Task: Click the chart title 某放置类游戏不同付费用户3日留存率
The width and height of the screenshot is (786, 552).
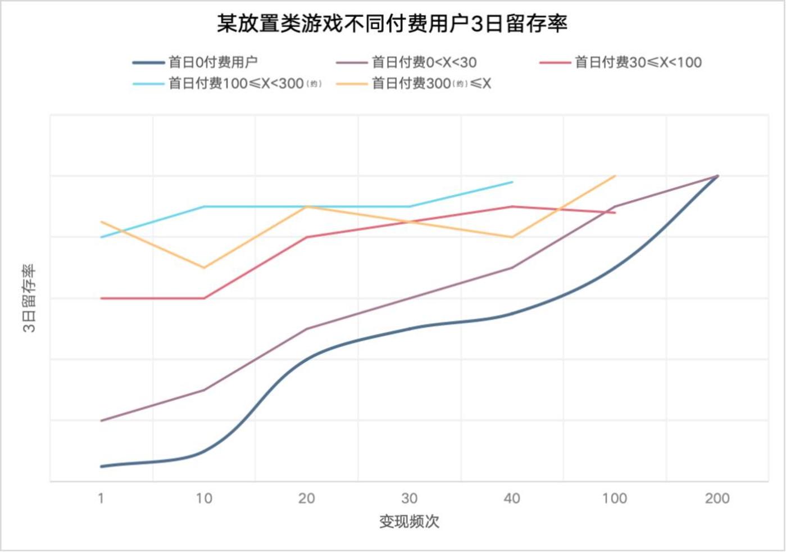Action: click(392, 24)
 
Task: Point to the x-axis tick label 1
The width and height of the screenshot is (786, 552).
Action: click(101, 498)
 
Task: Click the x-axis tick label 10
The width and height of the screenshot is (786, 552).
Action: click(204, 498)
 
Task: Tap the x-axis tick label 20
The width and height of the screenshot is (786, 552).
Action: click(306, 498)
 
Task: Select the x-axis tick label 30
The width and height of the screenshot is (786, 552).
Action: click(409, 498)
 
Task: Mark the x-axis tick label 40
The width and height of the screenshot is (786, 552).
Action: click(512, 498)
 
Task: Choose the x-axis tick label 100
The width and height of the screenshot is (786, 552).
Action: click(615, 498)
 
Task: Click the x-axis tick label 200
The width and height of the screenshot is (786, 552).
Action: click(717, 498)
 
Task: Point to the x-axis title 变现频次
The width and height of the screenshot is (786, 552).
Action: click(409, 522)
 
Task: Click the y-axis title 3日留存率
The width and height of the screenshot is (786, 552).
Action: click(29, 298)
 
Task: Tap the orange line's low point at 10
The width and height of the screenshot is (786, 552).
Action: click(204, 268)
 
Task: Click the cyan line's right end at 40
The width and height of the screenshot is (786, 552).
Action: click(512, 182)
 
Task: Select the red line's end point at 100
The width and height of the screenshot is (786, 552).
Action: click(615, 212)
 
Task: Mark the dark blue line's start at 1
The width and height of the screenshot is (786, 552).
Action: click(102, 466)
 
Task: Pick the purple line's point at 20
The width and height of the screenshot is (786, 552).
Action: click(306, 329)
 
